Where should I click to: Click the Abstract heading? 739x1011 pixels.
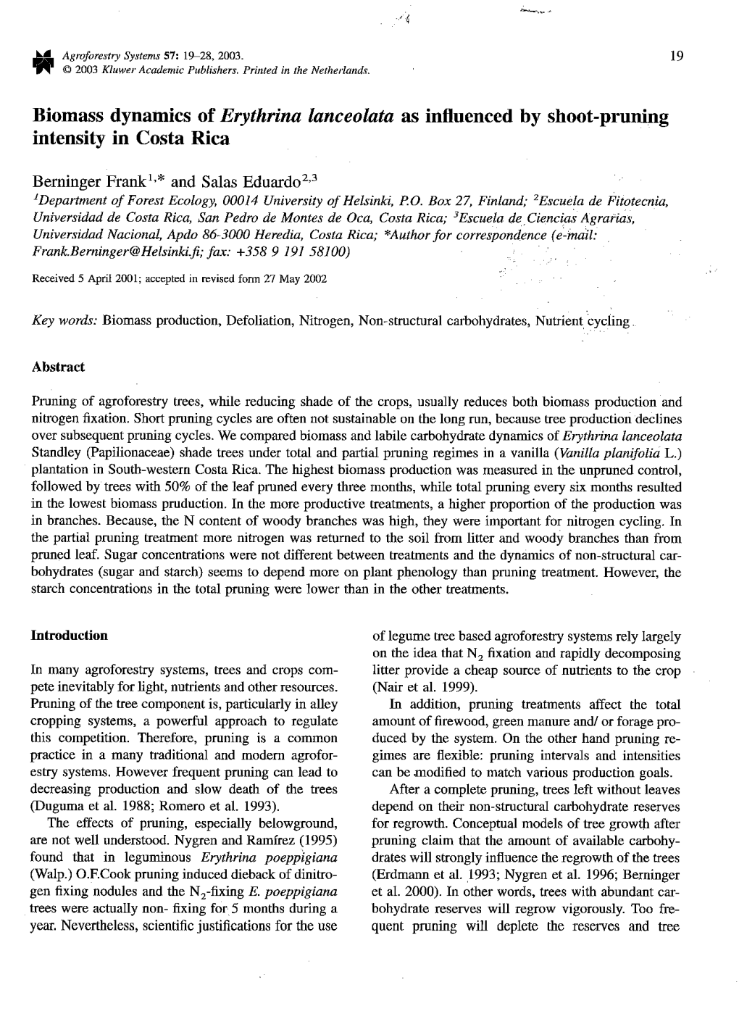click(x=58, y=367)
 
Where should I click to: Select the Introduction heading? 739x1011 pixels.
click(x=69, y=636)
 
